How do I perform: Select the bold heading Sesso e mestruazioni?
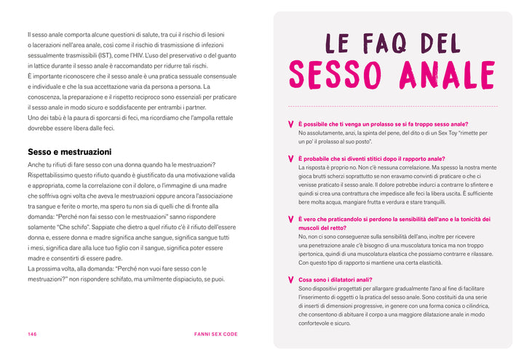coord(69,152)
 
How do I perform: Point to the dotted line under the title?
coord(393,106)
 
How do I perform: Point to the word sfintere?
coord(471,185)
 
